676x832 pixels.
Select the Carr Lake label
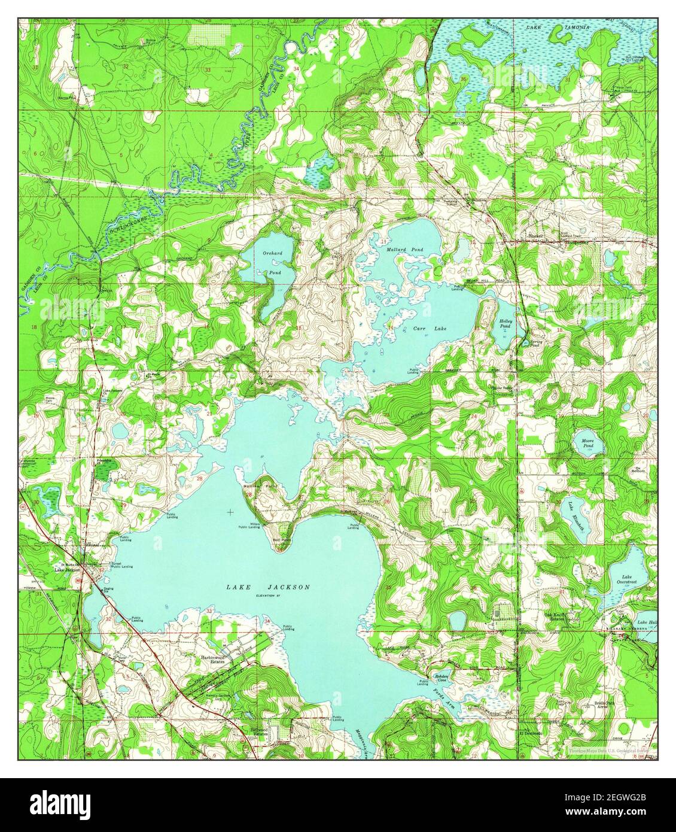click(430, 329)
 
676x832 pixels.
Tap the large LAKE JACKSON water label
click(268, 587)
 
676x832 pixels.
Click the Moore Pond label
click(588, 443)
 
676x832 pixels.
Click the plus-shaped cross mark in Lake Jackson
click(230, 512)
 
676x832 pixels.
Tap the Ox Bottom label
click(642, 470)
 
